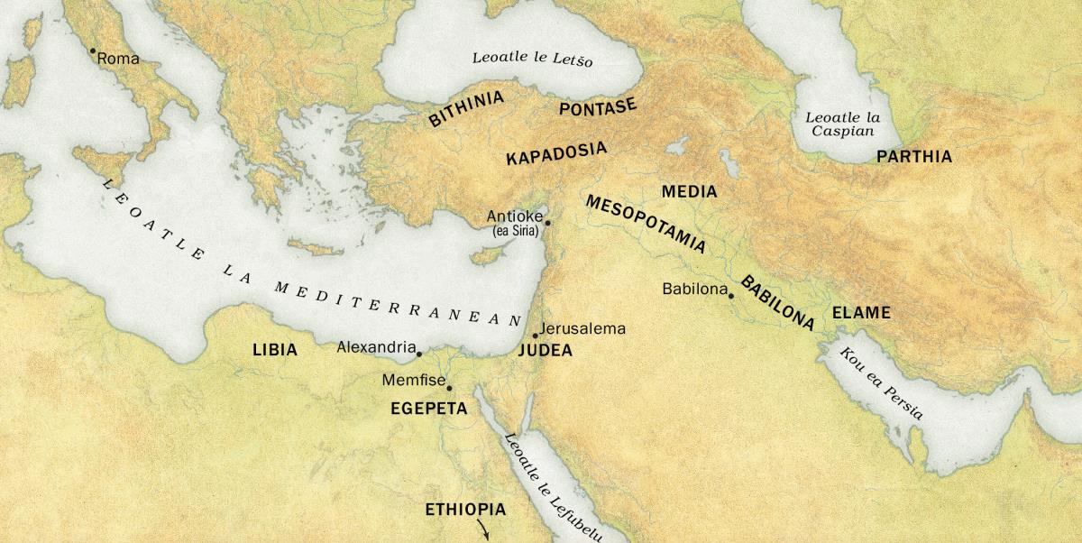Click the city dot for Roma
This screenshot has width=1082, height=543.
pos(92,51)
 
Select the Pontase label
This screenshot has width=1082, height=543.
pos(598,108)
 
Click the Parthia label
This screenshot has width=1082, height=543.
pos(913,157)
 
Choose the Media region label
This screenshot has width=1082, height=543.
pos(689,192)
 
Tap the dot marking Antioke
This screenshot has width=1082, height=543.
pos(547,222)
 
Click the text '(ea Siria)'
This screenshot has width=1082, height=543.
pos(515,232)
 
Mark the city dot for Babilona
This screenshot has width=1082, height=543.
pos(731,296)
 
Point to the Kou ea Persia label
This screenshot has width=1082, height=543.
pos(881,383)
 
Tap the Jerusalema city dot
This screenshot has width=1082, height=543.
pos(536,336)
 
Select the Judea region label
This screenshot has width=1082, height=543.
pos(545,351)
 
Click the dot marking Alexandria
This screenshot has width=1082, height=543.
pos(419,354)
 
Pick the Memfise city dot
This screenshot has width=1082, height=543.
pos(449,389)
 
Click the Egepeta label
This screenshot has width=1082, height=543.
pos(428,409)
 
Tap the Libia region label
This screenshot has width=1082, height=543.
pos(275,350)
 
